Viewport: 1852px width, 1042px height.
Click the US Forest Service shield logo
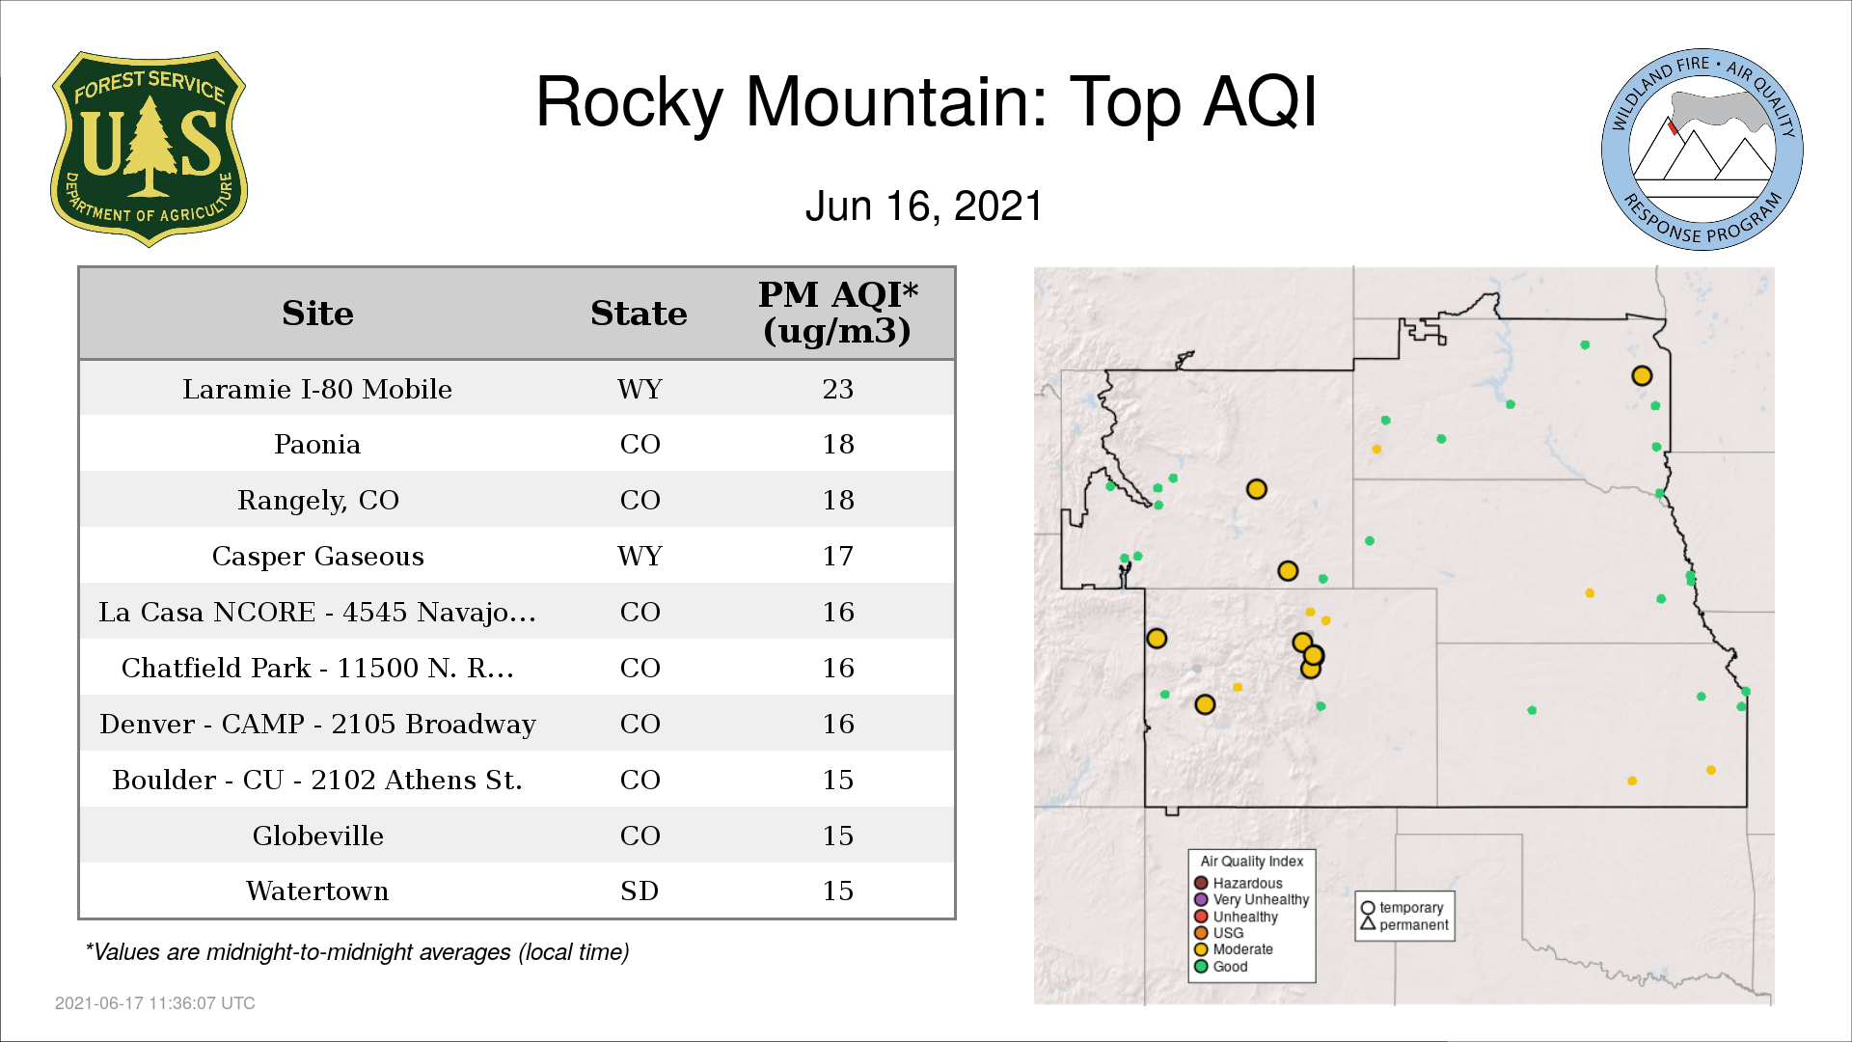coord(149,150)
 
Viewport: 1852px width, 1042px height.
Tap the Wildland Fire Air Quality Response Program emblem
coord(1702,150)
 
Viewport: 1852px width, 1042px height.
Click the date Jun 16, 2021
coord(924,206)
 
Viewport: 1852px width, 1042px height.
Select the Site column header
coord(317,314)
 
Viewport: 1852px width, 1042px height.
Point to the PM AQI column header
coord(837,313)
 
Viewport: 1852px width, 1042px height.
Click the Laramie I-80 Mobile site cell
coord(317,389)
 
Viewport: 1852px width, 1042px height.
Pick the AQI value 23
coord(837,389)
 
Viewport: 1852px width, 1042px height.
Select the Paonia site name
coord(317,445)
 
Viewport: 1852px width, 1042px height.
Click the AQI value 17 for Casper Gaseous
coord(837,557)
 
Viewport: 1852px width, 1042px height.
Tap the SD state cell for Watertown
coord(640,891)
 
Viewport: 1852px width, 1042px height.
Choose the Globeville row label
coord(317,836)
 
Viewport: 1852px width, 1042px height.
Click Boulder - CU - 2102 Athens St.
coord(317,780)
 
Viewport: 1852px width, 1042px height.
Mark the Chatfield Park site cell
coord(317,668)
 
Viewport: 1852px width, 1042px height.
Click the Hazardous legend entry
coord(1239,883)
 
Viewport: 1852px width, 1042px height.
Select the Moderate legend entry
coord(1234,949)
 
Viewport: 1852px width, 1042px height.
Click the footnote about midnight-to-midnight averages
coord(357,952)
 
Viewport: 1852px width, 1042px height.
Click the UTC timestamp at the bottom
coord(155,1003)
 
